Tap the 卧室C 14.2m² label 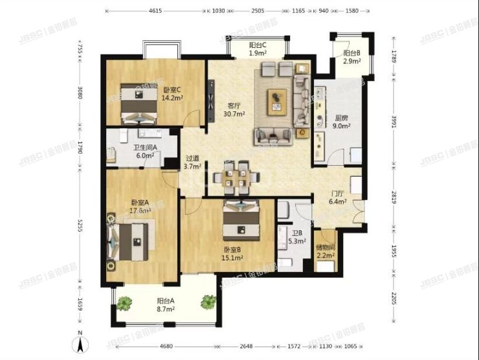[x=172, y=95]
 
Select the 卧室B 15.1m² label [x=232, y=253]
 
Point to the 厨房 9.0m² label [x=342, y=122]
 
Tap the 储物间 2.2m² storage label [x=325, y=252]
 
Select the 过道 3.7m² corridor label [x=193, y=162]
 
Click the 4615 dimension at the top [x=155, y=11]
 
